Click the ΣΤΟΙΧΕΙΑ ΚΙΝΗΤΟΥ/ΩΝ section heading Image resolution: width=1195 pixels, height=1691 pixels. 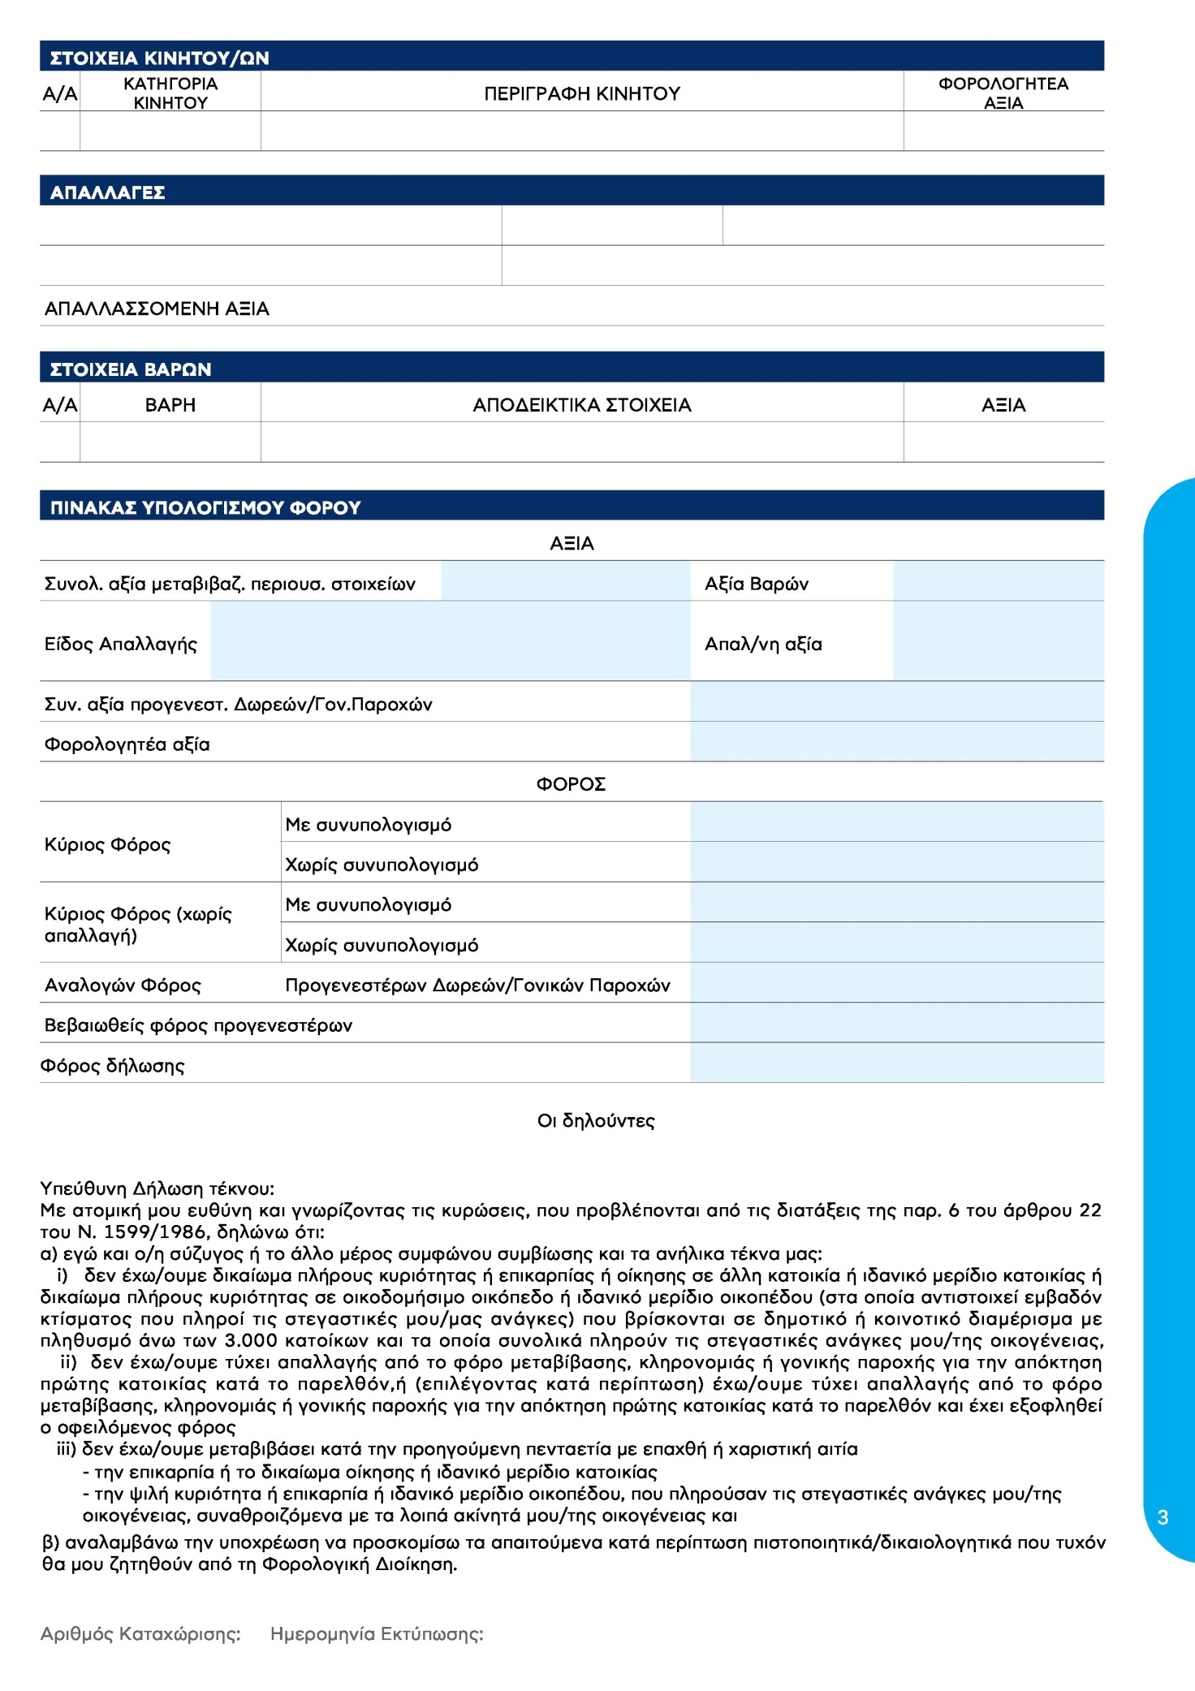tap(159, 58)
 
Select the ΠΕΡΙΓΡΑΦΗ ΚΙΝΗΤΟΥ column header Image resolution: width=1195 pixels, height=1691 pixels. tap(581, 93)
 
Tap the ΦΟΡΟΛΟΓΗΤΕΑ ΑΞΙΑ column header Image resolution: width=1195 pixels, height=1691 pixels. tap(1003, 93)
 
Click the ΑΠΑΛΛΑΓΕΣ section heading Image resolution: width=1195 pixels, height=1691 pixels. tap(107, 192)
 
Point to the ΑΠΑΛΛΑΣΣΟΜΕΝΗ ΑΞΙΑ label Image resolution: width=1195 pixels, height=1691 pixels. tap(157, 308)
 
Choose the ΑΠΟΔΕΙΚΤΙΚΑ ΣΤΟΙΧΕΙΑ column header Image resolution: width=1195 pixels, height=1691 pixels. tap(581, 405)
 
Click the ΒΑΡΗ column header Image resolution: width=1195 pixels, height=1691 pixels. tap(170, 405)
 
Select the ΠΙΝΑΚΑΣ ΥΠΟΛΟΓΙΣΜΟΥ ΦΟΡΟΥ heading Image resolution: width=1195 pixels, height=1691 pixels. tap(205, 507)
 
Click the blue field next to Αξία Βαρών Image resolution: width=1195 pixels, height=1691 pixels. tap(998, 581)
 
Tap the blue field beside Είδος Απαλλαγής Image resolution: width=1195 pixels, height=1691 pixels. tap(450, 641)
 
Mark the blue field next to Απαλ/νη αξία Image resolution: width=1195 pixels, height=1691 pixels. tap(998, 641)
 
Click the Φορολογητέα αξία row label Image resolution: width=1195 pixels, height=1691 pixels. tap(127, 744)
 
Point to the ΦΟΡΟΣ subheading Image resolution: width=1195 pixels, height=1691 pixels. tap(571, 784)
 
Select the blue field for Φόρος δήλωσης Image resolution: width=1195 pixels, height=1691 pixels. tap(896, 1063)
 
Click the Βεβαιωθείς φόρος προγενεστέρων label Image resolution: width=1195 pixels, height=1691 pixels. tap(198, 1025)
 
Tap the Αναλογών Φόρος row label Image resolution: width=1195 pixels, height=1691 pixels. tap(123, 986)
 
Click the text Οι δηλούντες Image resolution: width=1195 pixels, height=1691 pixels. tap(596, 1121)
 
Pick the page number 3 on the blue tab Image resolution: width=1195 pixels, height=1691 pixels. tap(1163, 1517)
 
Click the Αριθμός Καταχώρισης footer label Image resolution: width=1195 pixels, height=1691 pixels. tap(140, 1634)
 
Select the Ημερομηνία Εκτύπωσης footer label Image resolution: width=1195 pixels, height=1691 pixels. tap(377, 1634)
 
